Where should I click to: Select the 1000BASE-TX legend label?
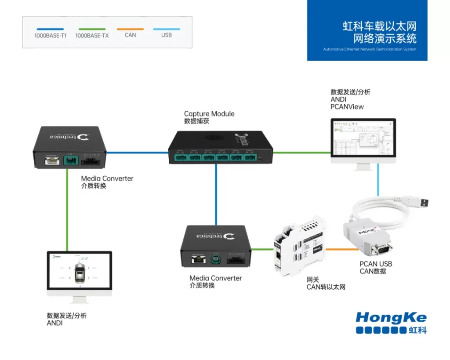tap(92, 36)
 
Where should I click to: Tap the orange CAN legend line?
tap(131, 29)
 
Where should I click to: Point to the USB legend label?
tap(167, 35)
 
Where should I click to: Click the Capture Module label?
tap(209, 114)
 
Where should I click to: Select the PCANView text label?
tap(347, 107)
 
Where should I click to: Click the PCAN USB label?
tap(376, 264)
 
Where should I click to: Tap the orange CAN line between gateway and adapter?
tap(341, 249)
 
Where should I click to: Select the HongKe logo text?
tap(391, 317)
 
